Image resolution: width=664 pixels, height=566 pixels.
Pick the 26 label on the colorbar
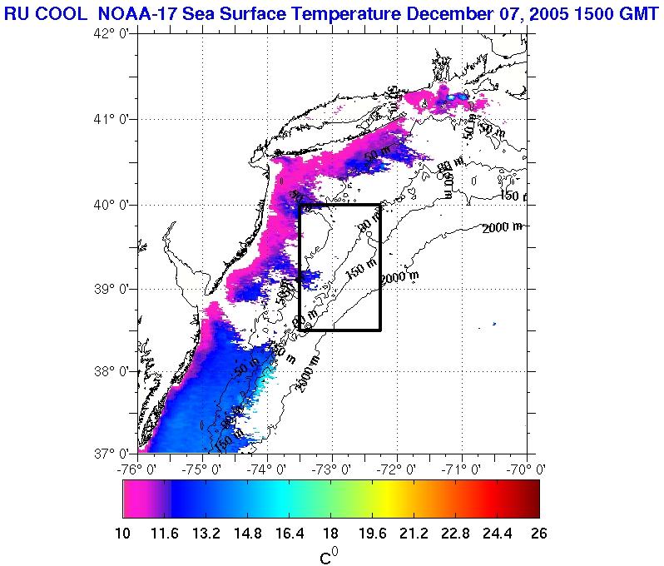(538, 534)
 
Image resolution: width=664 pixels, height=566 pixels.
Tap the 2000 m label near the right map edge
(503, 227)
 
